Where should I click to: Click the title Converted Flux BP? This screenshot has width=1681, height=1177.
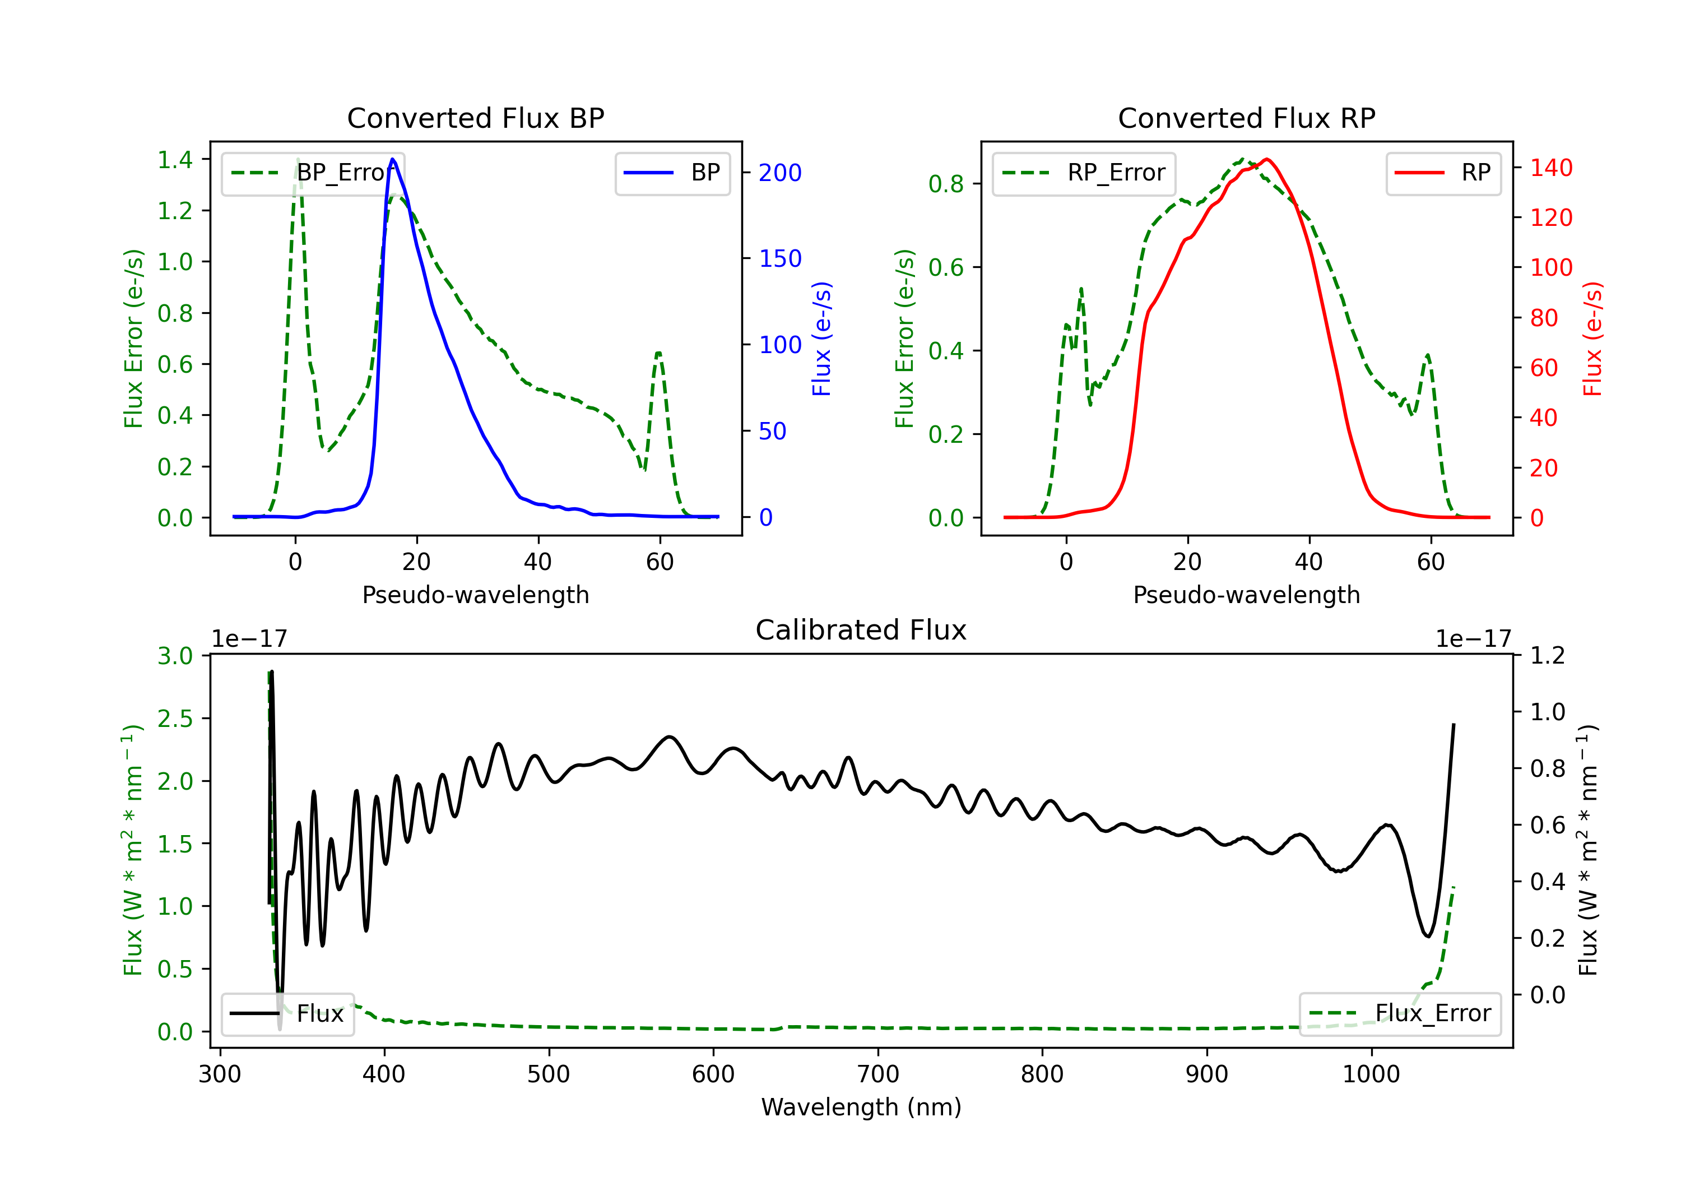[x=475, y=118]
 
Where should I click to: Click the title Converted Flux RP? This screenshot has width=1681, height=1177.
[x=1246, y=118]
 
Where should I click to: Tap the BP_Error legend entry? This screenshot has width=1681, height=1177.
[x=313, y=173]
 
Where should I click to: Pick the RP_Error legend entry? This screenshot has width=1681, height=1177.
[x=1084, y=173]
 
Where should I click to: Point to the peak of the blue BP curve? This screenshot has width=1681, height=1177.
[x=393, y=159]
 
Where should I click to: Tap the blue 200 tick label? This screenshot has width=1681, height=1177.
[x=780, y=173]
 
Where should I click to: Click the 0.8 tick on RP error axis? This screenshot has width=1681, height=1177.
[x=946, y=184]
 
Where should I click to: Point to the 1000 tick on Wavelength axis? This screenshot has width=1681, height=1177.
[x=1371, y=1074]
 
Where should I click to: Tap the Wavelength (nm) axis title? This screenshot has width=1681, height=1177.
[x=861, y=1107]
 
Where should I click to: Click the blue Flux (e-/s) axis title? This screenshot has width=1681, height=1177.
[x=821, y=339]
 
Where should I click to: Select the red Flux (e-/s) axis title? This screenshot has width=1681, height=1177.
[x=1592, y=339]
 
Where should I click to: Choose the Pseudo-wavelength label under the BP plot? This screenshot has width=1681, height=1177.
[x=475, y=595]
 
